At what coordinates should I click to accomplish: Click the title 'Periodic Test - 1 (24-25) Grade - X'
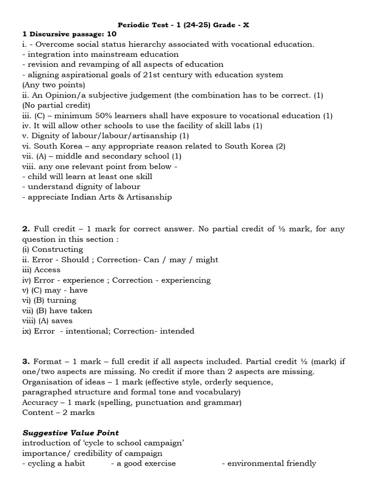coord(183,24)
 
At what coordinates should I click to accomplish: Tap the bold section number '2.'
coord(26,229)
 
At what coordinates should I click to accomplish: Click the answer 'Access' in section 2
coord(47,270)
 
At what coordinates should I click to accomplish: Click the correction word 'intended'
coord(177,331)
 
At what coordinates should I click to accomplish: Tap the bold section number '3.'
coord(26,361)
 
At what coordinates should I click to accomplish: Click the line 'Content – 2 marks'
coord(58,412)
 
